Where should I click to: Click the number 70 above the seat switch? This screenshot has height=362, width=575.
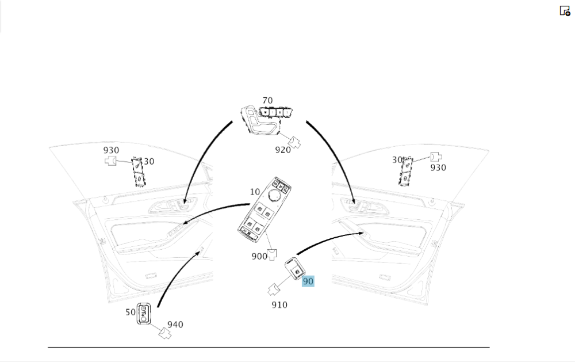click(x=267, y=101)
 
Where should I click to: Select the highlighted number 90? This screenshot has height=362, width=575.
click(x=308, y=281)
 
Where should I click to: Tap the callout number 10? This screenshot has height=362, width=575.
click(x=254, y=191)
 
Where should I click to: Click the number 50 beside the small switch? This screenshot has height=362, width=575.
click(x=131, y=312)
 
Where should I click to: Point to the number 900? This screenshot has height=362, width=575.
click(x=259, y=256)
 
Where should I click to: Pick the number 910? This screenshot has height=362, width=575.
click(x=279, y=304)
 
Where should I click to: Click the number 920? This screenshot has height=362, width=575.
click(x=283, y=150)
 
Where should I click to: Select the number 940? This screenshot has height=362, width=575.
click(x=175, y=325)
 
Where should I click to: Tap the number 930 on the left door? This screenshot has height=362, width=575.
click(x=112, y=150)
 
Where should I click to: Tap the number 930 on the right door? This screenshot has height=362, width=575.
click(x=438, y=167)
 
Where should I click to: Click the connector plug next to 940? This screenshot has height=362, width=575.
click(x=165, y=333)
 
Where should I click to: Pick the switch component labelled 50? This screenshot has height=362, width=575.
click(x=144, y=314)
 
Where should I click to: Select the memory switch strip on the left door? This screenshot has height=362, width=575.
click(x=138, y=172)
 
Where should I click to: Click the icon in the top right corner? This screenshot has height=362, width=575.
click(x=565, y=10)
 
